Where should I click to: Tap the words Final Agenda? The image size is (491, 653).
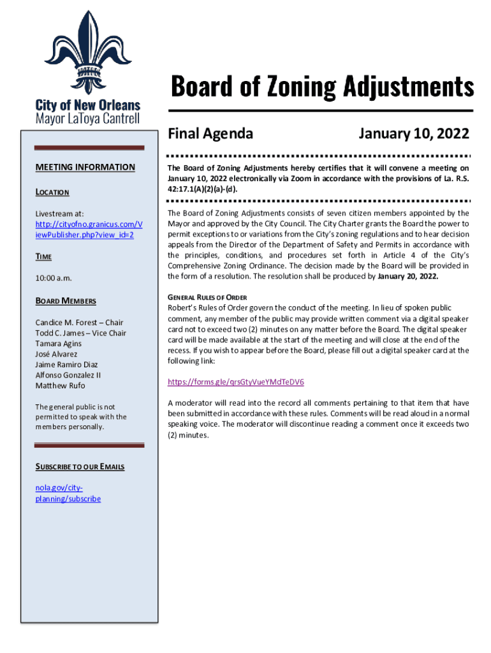tap(210, 134)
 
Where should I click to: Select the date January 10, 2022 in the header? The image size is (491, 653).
tap(413, 134)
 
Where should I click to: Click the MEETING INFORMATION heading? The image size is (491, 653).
tap(85, 167)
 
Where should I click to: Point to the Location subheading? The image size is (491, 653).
tap(52, 192)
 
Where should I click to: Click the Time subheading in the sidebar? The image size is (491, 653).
tap(43, 256)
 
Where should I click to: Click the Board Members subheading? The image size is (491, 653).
tap(66, 301)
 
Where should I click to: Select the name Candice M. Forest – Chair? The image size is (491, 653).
tap(79, 323)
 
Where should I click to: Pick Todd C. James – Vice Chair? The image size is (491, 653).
tap(80, 333)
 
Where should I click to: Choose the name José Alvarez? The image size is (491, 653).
tap(56, 354)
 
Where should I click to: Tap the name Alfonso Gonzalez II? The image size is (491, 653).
tap(68, 375)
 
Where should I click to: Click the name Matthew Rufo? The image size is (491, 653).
tap(60, 386)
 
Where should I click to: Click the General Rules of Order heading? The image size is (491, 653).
tap(207, 298)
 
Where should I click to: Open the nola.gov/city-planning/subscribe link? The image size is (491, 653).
tap(68, 493)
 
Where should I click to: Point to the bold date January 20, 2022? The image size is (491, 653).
tap(408, 277)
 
